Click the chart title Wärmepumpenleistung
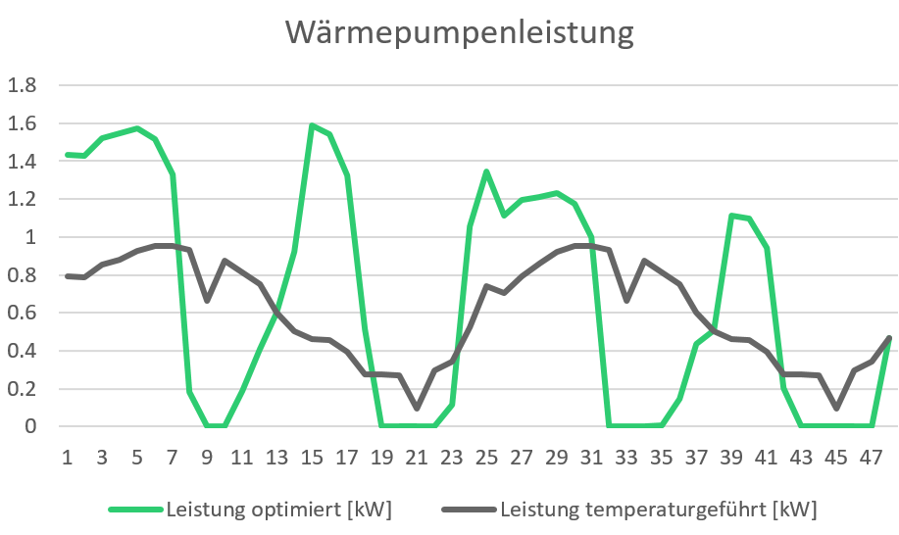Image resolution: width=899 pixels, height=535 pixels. coord(459,33)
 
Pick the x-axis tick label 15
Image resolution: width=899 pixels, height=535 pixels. coord(313,458)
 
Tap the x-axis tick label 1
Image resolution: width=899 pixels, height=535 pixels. coord(68,458)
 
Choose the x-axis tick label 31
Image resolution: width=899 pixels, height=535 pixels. coord(592,458)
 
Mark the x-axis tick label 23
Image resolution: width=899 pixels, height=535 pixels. coord(452,458)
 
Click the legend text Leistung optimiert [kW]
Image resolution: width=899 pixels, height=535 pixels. coord(279,510)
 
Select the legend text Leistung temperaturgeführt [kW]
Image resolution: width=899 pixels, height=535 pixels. coord(658,510)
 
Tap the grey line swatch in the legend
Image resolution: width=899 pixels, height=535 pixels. coord(469,510)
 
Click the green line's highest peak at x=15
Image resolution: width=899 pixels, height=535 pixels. coord(312,125)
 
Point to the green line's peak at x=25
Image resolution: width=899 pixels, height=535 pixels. coord(486,172)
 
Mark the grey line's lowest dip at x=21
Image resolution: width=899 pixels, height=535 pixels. coord(417,408)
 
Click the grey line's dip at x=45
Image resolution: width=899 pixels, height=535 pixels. coord(836,408)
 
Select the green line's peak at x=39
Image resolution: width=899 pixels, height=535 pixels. coord(731,216)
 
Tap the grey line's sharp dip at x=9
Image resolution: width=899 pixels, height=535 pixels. coord(207,300)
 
